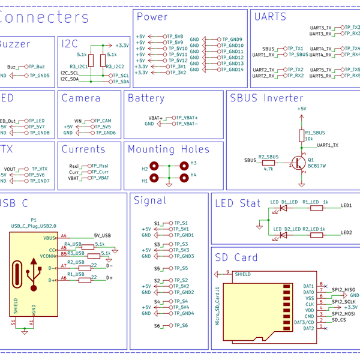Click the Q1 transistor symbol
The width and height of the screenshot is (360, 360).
298,162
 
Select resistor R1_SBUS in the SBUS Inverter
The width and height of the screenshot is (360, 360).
301,136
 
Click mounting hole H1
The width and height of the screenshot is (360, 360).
154,178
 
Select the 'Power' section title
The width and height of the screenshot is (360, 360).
152,17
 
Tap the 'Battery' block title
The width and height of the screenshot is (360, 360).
146,98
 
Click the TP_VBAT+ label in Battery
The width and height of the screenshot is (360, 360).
184,118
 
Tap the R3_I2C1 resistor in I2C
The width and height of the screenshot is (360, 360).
90,60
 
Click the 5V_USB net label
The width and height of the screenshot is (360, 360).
102,236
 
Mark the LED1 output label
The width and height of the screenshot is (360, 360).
346,205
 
